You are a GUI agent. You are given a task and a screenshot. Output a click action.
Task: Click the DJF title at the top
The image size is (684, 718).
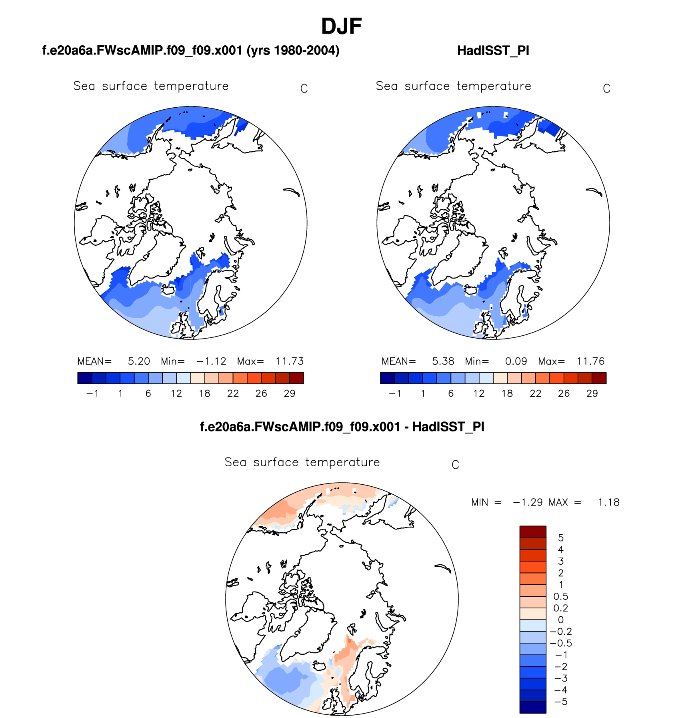pyautogui.click(x=341, y=26)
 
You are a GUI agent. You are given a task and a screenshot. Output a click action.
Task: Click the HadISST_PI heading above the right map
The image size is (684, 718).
pyautogui.click(x=493, y=51)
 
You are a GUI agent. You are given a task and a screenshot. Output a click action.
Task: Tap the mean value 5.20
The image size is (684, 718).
pyautogui.click(x=139, y=361)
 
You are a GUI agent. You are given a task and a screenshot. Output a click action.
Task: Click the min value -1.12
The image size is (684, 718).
pyautogui.click(x=211, y=361)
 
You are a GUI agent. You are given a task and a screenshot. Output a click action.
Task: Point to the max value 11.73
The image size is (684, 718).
pyautogui.click(x=290, y=361)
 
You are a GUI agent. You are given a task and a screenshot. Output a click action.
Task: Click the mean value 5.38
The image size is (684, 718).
pyautogui.click(x=443, y=361)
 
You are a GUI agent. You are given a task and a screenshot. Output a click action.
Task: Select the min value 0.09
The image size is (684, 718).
pyautogui.click(x=516, y=361)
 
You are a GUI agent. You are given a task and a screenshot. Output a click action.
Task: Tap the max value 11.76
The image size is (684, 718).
pyautogui.click(x=590, y=361)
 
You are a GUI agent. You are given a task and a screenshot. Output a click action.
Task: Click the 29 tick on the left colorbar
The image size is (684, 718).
pyautogui.click(x=290, y=394)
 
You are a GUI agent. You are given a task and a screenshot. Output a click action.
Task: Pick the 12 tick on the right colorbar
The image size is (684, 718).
pyautogui.click(x=479, y=394)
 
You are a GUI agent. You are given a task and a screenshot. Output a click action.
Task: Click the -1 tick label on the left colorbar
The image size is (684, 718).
pyautogui.click(x=92, y=394)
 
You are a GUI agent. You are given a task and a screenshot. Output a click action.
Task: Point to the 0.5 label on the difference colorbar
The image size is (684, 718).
pyautogui.click(x=560, y=597)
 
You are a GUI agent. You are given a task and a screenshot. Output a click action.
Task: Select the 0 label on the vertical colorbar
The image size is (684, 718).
pyautogui.click(x=561, y=620)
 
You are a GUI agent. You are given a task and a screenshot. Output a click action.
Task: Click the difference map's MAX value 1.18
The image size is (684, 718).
pyautogui.click(x=608, y=503)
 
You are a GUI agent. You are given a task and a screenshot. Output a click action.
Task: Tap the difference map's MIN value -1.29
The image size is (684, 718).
pyautogui.click(x=528, y=503)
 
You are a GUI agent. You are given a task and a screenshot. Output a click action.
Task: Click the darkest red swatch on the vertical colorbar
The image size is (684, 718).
pyautogui.click(x=533, y=532)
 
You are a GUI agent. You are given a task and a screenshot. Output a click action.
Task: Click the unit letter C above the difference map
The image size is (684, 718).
pyautogui.click(x=455, y=465)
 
